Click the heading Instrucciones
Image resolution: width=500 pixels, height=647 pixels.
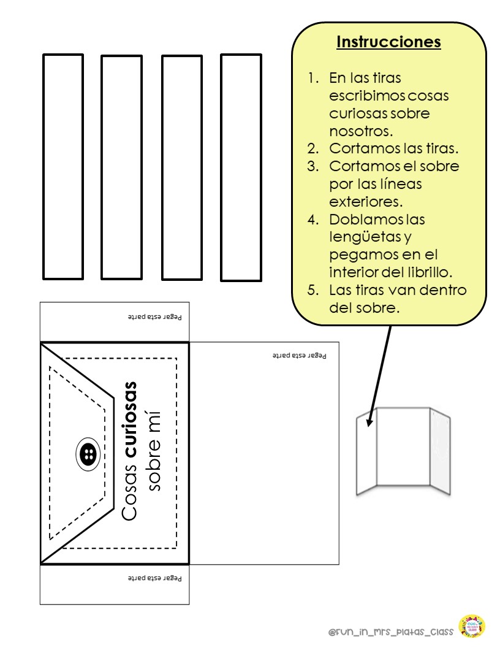coord(388,42)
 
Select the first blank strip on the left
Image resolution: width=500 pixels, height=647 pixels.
coord(63,166)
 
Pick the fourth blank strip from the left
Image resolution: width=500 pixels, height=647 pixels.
coord(241,167)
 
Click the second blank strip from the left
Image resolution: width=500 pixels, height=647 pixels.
coord(121,167)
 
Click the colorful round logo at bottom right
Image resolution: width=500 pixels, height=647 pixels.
coord(471,627)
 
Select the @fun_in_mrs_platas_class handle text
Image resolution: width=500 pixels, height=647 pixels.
coord(390,632)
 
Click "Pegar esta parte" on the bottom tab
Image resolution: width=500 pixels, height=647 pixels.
coord(155,578)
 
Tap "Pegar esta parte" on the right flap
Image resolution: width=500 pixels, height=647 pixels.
coord(300,355)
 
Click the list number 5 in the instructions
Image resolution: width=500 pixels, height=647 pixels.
coord(312,290)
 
